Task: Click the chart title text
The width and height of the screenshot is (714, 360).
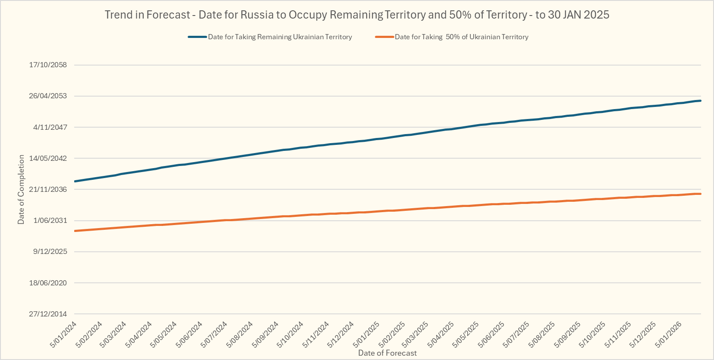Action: [x=357, y=15]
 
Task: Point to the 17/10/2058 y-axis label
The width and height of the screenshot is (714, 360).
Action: [x=48, y=65]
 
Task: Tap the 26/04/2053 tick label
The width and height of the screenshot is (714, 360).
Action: [x=48, y=96]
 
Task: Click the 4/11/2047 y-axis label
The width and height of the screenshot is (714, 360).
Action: [x=50, y=127]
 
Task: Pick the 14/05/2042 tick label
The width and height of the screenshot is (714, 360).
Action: [x=48, y=158]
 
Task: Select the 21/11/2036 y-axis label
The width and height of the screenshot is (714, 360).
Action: [x=48, y=189]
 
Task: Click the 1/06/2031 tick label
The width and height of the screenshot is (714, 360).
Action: [x=50, y=220]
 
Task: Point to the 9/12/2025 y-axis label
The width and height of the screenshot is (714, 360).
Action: [x=50, y=251]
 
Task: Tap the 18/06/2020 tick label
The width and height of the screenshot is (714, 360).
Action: [x=48, y=283]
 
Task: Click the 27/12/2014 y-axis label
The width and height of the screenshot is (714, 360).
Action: [x=48, y=314]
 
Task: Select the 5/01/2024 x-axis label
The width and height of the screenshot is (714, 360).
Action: [x=64, y=335]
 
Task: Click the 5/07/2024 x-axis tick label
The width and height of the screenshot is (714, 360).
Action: [x=214, y=335]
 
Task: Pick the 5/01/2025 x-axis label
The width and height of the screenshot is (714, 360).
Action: [x=367, y=335]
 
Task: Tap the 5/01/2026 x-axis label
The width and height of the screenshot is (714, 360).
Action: [x=669, y=335]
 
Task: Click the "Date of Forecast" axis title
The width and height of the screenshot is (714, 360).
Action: [x=387, y=353]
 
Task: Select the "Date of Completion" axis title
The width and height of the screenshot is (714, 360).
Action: [x=21, y=189]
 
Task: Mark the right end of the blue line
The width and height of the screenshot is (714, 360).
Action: [x=700, y=101]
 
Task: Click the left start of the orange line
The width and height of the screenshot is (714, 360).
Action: [x=75, y=231]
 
